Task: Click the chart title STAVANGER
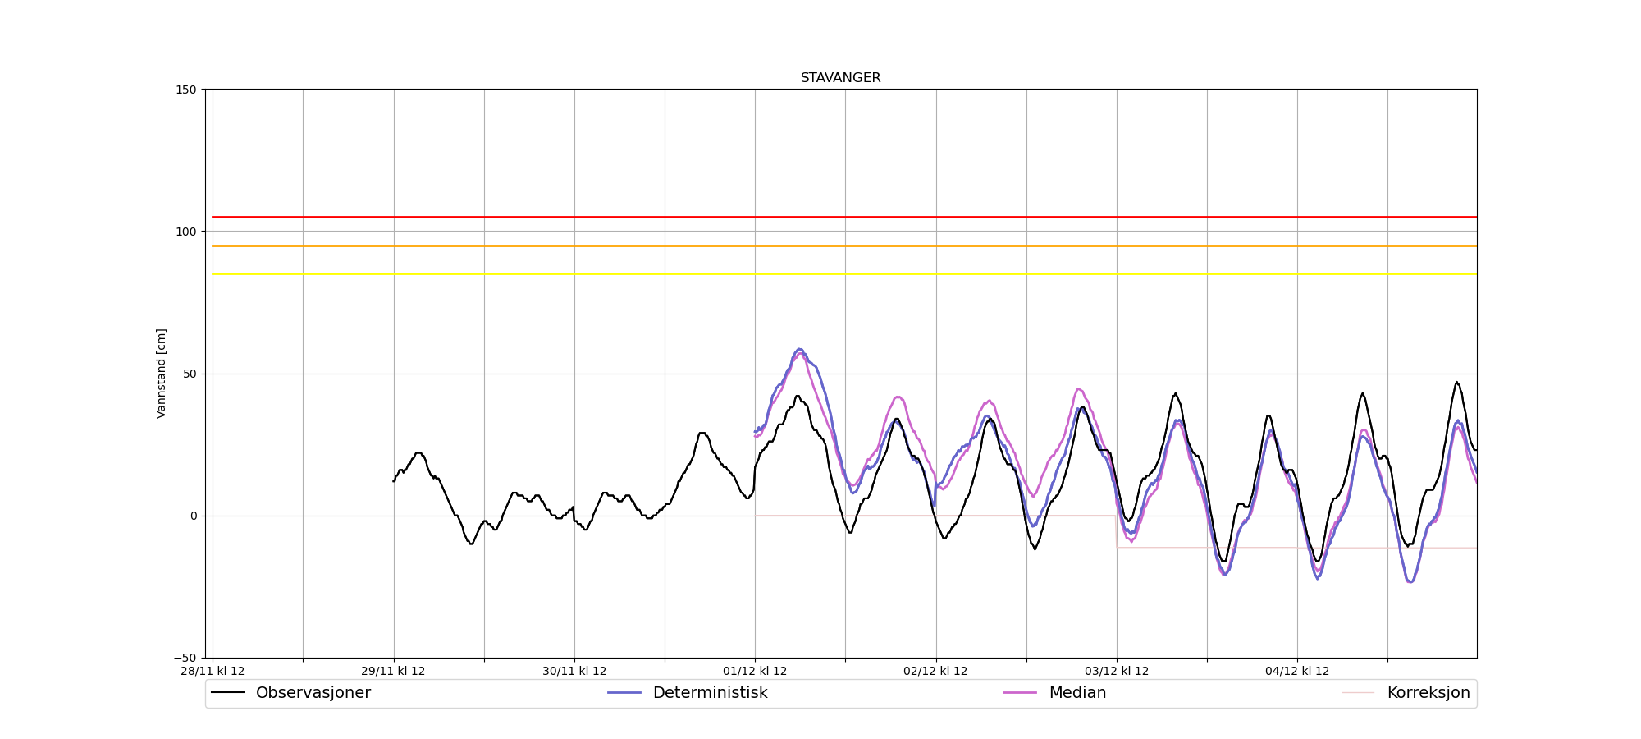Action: coord(840,78)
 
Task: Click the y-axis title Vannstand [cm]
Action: coord(162,374)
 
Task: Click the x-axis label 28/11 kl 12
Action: coord(213,671)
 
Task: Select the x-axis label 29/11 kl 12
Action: coord(393,671)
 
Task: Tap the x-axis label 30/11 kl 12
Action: coord(574,671)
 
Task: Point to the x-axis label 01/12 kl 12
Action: coord(755,671)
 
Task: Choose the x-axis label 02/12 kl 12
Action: coord(935,671)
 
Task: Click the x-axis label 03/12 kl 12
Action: coord(1116,671)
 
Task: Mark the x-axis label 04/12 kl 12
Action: coord(1297,671)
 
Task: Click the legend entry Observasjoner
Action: coord(313,693)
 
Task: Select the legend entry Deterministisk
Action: coord(710,693)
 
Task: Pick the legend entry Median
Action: coord(1077,693)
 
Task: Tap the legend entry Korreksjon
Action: coord(1428,693)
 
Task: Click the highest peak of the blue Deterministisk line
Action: coord(799,349)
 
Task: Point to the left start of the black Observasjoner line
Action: coord(394,481)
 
